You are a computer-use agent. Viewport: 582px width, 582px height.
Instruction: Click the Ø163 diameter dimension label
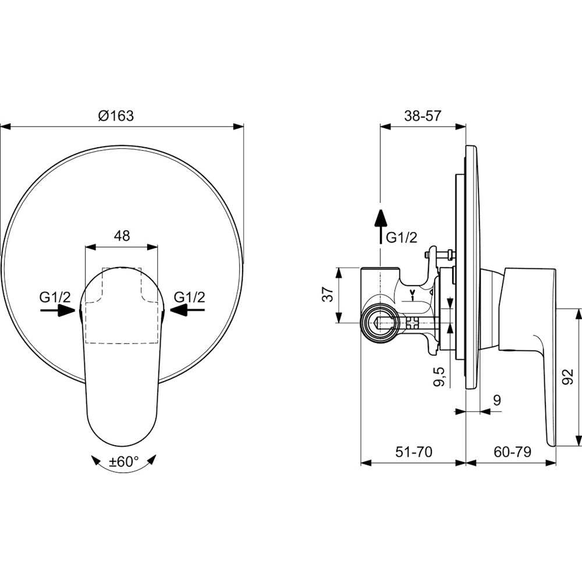tap(116, 116)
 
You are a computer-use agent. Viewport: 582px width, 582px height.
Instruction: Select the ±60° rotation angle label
tap(123, 462)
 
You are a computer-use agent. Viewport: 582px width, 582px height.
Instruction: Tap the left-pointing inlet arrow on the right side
tap(187, 310)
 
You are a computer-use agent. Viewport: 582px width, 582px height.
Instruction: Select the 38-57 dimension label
tap(423, 116)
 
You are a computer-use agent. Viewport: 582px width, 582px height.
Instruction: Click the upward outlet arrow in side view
tap(380, 226)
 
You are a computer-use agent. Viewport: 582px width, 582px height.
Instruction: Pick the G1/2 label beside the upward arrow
tap(402, 237)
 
